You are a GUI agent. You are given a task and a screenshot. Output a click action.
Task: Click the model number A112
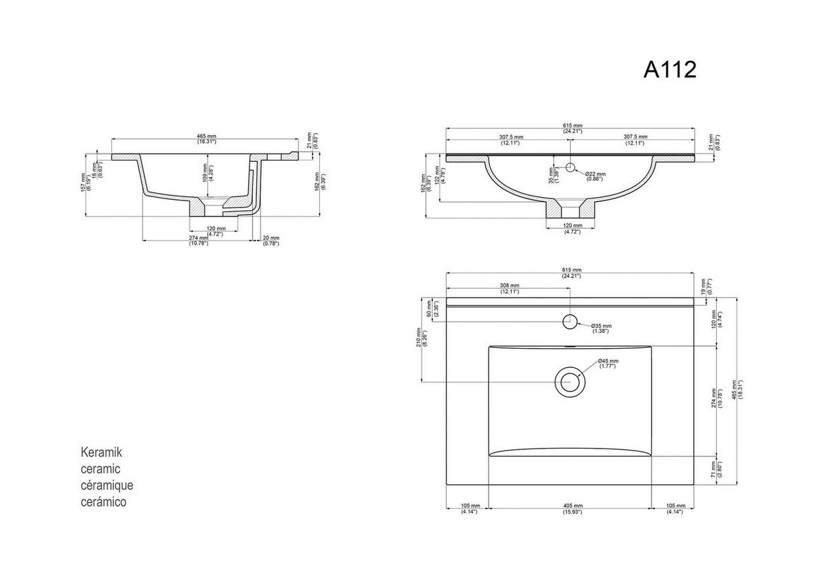click(670, 69)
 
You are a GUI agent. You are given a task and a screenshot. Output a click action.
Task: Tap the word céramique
click(108, 485)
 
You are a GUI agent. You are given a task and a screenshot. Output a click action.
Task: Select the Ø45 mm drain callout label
click(608, 363)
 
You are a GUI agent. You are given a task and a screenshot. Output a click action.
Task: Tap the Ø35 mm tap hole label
click(601, 328)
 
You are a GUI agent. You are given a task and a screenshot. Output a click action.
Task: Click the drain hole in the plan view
click(570, 381)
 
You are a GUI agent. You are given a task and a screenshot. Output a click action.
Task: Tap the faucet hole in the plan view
click(570, 320)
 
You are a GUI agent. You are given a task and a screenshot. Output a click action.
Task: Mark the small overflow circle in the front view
click(570, 167)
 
